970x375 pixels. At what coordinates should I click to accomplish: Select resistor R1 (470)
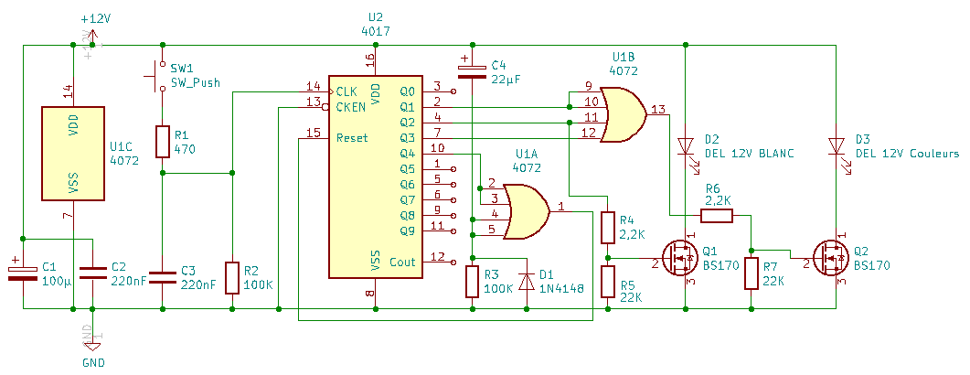pos(162,142)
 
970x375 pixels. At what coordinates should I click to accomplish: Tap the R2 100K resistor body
pos(232,277)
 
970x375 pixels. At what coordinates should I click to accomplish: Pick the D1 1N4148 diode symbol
pos(527,282)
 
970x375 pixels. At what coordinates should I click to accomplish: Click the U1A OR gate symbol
pos(526,210)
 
